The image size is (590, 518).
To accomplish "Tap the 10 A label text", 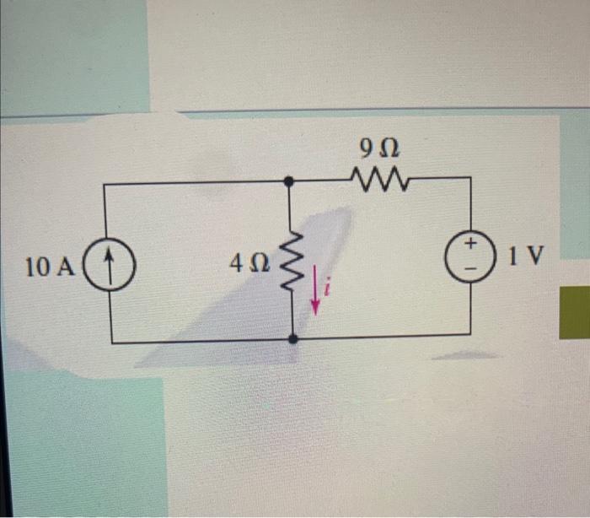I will coord(50,268).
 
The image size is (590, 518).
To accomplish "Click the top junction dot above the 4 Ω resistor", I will coord(289,181).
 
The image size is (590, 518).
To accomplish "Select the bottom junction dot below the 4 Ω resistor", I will coord(292,338).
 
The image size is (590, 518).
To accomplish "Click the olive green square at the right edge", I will coord(575,312).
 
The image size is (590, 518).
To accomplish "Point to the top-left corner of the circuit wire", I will coord(105,183).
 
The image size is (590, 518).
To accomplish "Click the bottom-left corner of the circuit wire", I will coord(111,343).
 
